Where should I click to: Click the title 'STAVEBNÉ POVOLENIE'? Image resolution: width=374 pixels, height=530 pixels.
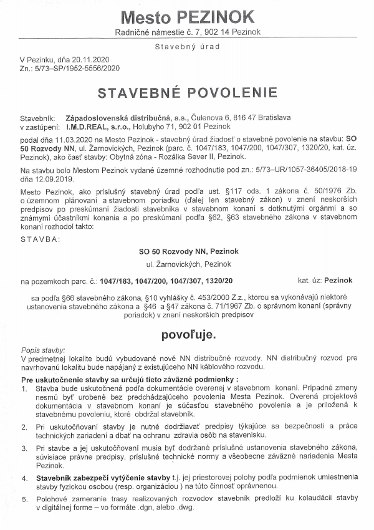click(x=187, y=94)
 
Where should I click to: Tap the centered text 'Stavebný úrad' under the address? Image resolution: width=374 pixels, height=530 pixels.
click(x=187, y=46)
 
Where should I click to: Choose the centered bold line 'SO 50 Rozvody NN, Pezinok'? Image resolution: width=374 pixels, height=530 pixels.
click(x=187, y=251)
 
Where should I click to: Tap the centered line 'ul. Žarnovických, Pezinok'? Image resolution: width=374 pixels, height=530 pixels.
click(x=187, y=265)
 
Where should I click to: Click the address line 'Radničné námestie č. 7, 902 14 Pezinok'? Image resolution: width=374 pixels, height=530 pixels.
click(x=187, y=31)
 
